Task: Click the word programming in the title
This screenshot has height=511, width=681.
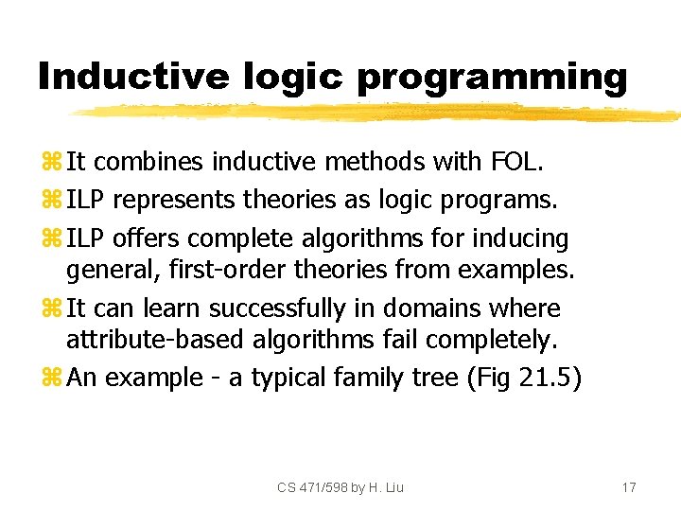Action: (x=492, y=77)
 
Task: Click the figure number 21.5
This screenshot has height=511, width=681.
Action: (x=550, y=379)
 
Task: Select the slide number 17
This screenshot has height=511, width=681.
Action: (x=629, y=487)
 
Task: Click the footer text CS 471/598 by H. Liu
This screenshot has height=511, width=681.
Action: (x=340, y=487)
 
